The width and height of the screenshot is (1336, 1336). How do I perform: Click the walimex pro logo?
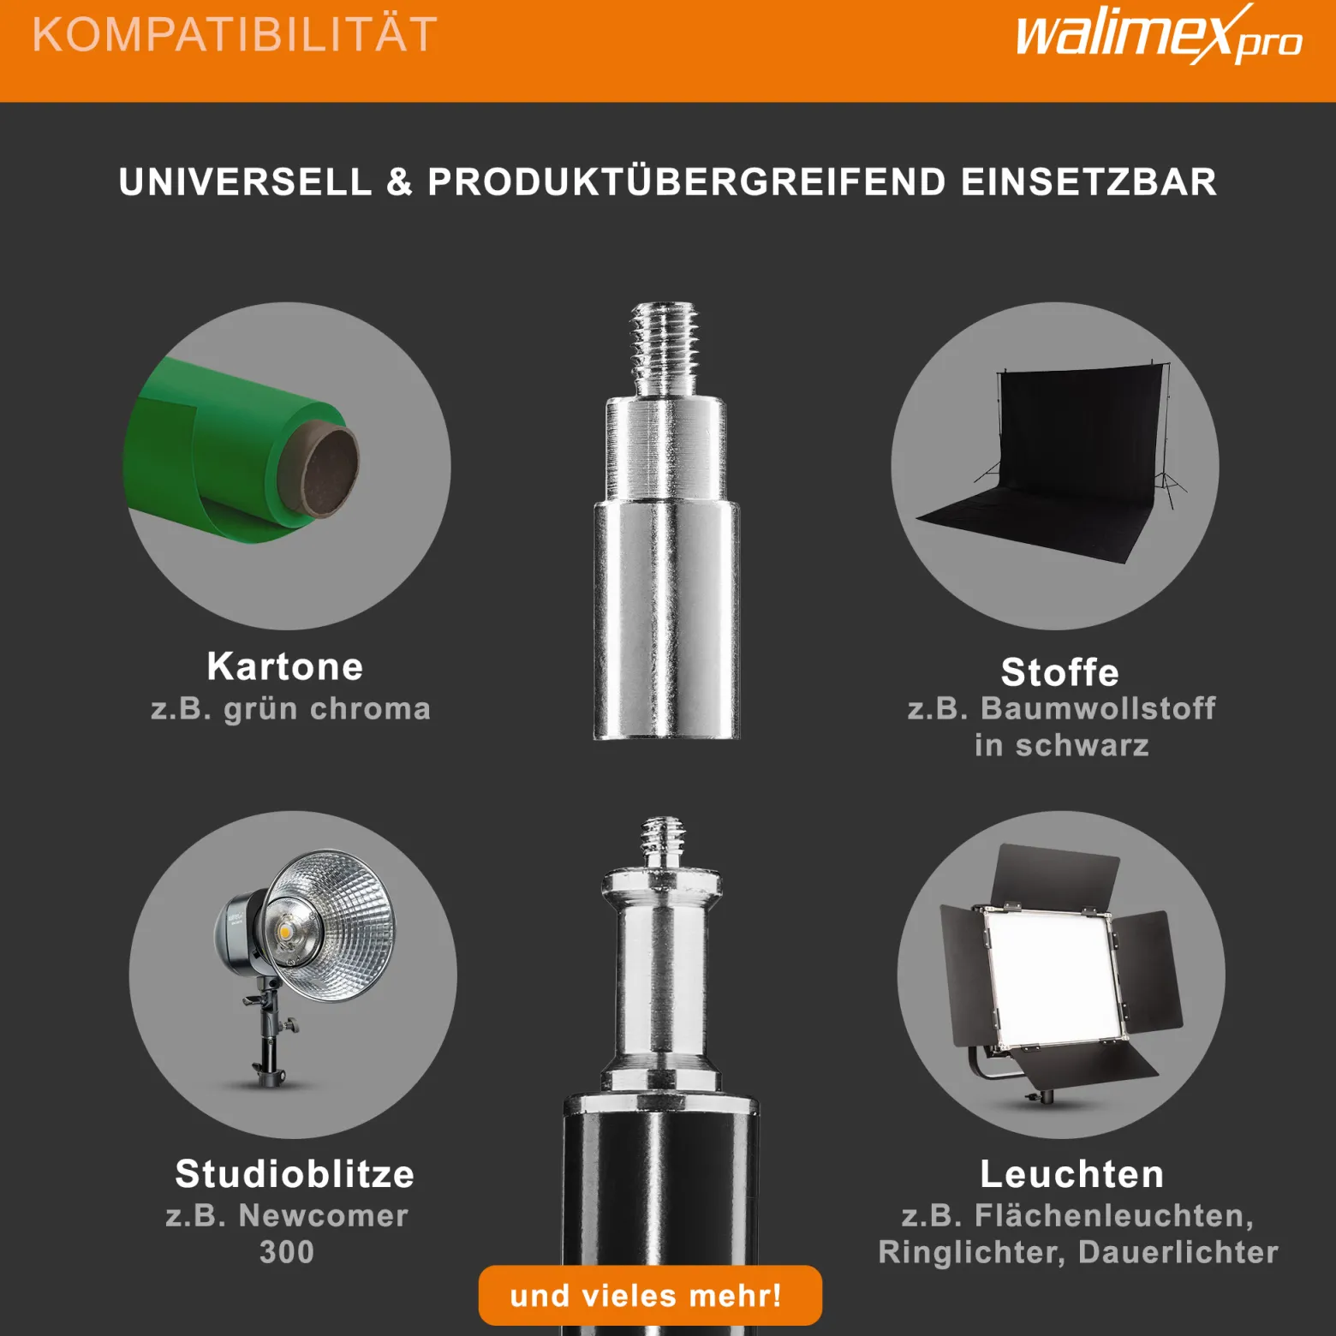pyautogui.click(x=1159, y=35)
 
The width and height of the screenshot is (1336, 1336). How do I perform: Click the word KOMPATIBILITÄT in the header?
pyautogui.click(x=235, y=35)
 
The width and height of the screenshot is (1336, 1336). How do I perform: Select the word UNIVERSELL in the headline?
pyautogui.click(x=246, y=182)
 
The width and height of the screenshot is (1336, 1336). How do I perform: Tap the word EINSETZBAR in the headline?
pyautogui.click(x=1088, y=182)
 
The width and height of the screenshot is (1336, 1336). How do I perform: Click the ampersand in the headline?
pyautogui.click(x=399, y=182)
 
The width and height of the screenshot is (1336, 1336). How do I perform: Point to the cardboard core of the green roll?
pyautogui.click(x=329, y=471)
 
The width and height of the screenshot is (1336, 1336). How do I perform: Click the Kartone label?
pyautogui.click(x=285, y=666)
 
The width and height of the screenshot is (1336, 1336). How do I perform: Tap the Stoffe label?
pyautogui.click(x=1060, y=672)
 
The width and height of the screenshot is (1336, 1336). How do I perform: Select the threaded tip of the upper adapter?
pyautogui.click(x=665, y=348)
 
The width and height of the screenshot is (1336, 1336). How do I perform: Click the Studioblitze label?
pyautogui.click(x=295, y=1174)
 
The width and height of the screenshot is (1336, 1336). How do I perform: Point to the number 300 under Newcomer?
pyautogui.click(x=287, y=1252)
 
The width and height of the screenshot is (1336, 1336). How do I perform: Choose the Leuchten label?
pyautogui.click(x=1072, y=1174)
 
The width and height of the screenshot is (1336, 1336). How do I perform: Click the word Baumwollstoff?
pyautogui.click(x=1098, y=708)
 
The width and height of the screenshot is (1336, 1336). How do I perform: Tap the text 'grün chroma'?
pyautogui.click(x=327, y=709)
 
